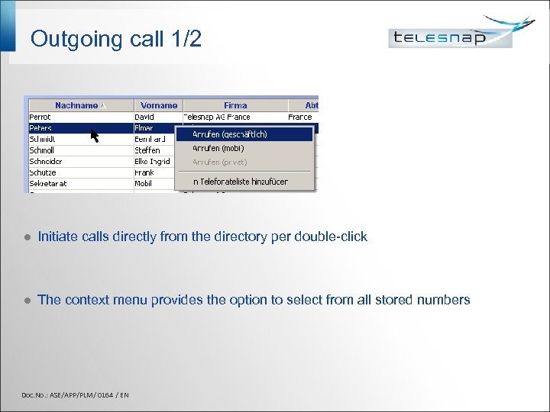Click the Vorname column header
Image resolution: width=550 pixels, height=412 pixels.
(x=159, y=105)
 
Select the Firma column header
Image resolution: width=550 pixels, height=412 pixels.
(x=235, y=105)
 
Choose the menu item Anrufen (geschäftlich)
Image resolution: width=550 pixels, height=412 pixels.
(x=229, y=134)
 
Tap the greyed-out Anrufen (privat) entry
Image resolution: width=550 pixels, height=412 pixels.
(x=219, y=162)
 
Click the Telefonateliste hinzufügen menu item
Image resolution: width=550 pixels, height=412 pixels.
(x=240, y=182)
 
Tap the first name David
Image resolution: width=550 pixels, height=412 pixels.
(x=144, y=117)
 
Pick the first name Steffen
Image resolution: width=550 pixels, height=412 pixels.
(x=147, y=150)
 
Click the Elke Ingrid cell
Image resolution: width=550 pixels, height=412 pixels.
(x=152, y=162)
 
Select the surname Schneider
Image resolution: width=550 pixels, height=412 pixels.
(x=46, y=162)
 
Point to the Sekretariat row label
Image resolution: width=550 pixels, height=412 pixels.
(x=48, y=184)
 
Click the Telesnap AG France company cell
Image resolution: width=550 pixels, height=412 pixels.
(x=217, y=117)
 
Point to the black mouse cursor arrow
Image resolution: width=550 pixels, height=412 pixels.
(x=94, y=136)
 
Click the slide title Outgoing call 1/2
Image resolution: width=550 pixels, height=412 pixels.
(x=116, y=39)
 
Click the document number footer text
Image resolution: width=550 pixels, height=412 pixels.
(x=75, y=394)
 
